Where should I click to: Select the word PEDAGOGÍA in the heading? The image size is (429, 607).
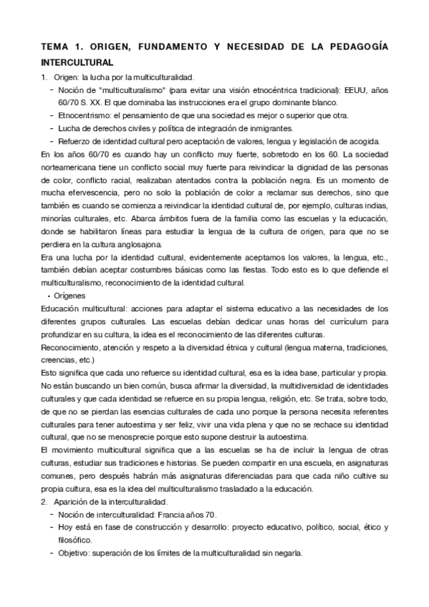(355, 47)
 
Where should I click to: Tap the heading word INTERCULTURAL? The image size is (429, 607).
(77, 62)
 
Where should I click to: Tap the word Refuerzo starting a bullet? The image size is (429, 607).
(75, 140)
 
